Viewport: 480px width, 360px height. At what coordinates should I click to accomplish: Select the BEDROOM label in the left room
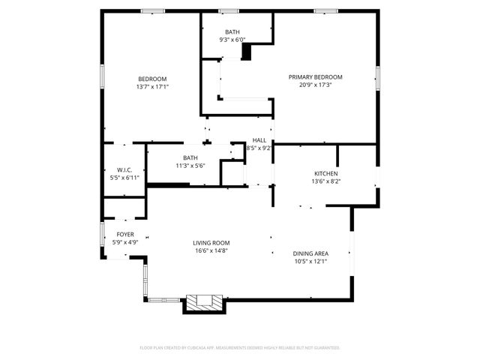[x=152, y=79]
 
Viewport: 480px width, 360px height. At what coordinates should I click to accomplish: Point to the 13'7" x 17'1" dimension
[x=152, y=87]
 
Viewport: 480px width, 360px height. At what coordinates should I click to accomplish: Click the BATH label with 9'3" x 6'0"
[x=233, y=31]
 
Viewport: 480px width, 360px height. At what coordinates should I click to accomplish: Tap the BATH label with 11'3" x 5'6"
[x=190, y=157]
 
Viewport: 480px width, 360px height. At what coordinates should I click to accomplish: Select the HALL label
[x=259, y=140]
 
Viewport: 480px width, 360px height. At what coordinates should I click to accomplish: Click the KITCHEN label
[x=325, y=173]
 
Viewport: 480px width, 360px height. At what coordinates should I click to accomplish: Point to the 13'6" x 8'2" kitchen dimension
[x=325, y=181]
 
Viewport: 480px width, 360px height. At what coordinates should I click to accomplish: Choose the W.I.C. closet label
[x=124, y=169]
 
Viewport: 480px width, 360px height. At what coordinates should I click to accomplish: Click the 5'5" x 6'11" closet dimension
[x=124, y=178]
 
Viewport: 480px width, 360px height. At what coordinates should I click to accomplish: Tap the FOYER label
[x=124, y=234]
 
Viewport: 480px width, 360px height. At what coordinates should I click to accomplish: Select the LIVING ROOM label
[x=211, y=243]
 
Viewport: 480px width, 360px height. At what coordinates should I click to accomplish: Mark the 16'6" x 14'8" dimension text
[x=211, y=252]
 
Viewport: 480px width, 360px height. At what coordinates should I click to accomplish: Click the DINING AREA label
[x=310, y=253]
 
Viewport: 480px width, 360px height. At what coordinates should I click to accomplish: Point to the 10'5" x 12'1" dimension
[x=310, y=262]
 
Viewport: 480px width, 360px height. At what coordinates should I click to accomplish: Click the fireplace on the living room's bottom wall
[x=204, y=302]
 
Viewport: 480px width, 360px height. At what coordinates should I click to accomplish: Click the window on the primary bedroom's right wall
[x=378, y=77]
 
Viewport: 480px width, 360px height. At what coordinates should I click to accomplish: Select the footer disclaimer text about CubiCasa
[x=240, y=348]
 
